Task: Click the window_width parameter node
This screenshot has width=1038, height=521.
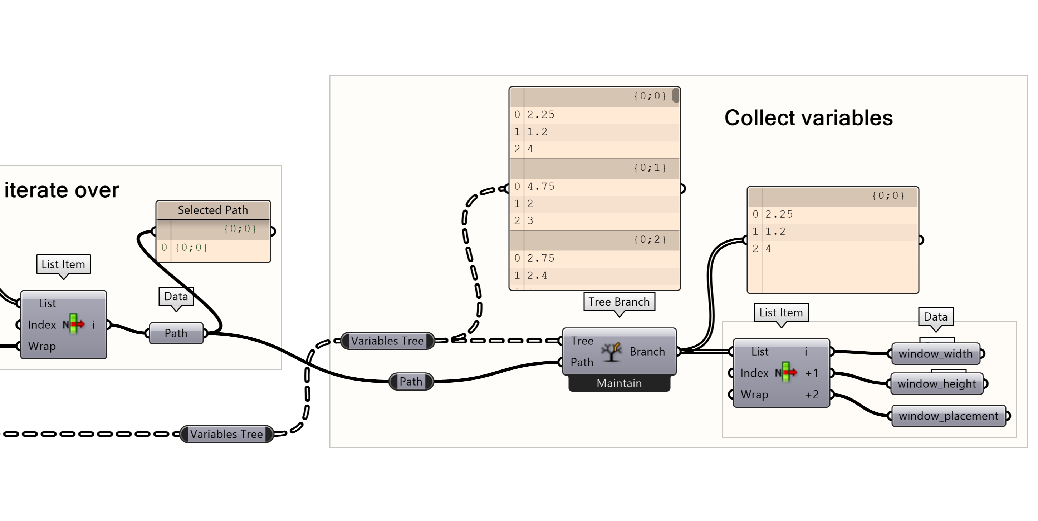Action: click(935, 354)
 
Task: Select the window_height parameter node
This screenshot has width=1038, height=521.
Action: click(936, 384)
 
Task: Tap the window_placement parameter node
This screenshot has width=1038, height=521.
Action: click(948, 416)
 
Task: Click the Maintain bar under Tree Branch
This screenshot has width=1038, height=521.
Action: click(619, 383)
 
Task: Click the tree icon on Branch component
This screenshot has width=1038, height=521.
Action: click(611, 352)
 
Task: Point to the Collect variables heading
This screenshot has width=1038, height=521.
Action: click(808, 118)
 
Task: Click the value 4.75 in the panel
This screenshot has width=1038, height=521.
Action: click(541, 187)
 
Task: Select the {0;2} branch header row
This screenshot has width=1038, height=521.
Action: click(594, 239)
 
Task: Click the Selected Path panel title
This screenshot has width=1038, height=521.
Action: click(213, 210)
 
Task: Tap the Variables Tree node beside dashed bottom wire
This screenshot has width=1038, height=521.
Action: click(226, 434)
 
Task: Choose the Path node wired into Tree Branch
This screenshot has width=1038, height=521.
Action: click(411, 381)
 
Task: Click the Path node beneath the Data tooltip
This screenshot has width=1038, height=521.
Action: click(176, 333)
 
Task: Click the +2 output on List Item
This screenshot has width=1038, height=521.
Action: click(812, 395)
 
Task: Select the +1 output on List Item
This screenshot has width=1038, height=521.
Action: click(812, 373)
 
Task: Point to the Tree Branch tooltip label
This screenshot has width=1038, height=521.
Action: click(619, 302)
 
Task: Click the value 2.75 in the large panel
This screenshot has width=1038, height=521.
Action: click(541, 258)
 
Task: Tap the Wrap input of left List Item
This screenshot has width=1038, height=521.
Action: click(42, 346)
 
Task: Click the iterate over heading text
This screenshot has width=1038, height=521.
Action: click(62, 190)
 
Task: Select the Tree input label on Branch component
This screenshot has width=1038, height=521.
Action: click(582, 341)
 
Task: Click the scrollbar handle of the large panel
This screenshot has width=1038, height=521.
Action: click(675, 95)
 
